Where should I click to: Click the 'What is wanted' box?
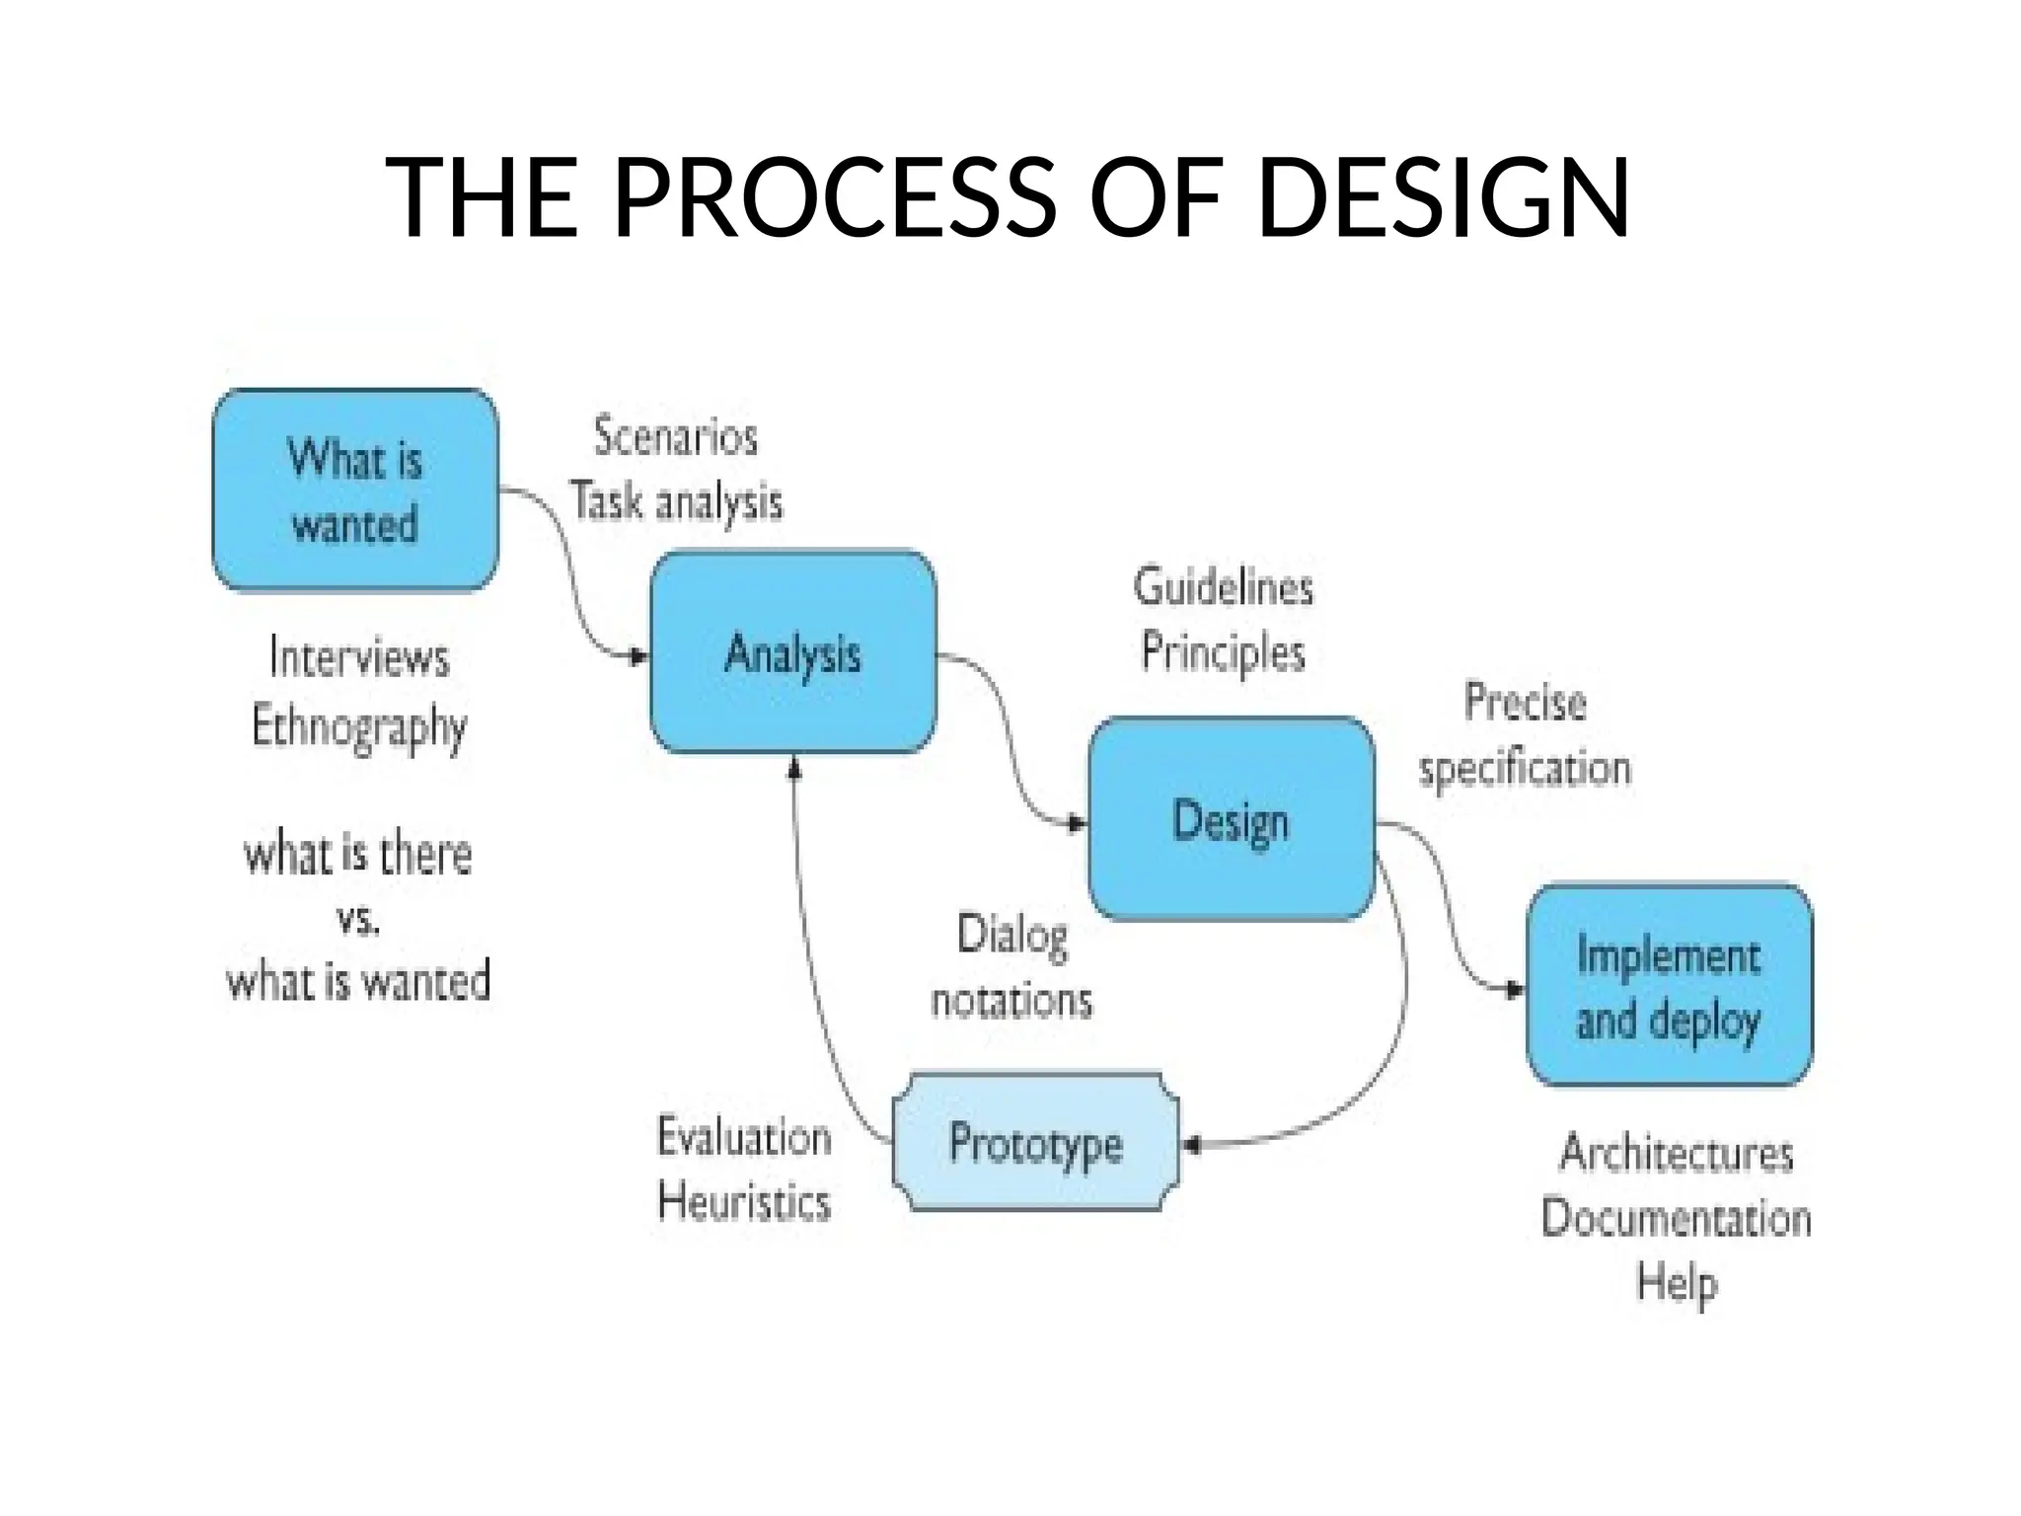[355, 491]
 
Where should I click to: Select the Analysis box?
[792, 652]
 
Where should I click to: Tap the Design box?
[1231, 819]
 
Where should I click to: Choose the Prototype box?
[1035, 1142]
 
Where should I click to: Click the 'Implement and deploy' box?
[1669, 986]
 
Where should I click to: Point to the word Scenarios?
[676, 437]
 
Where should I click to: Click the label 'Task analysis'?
[677, 501]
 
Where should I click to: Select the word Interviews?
[359, 657]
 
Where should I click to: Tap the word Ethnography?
[359, 727]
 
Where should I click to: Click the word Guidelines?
[1224, 587]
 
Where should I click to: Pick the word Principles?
[1224, 652]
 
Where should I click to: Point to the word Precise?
[1526, 703]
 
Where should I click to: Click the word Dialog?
[1012, 934]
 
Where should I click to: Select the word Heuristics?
[745, 1202]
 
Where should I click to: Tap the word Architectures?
[1677, 1153]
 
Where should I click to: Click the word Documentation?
[1677, 1218]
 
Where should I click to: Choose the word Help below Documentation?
[1677, 1283]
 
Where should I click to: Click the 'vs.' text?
[358, 920]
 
